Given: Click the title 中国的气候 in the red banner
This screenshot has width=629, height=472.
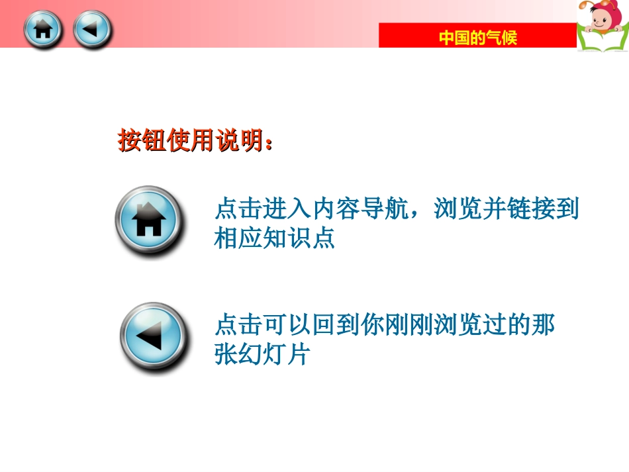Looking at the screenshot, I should pyautogui.click(x=477, y=38).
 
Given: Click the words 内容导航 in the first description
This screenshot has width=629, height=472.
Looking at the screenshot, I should pyautogui.click(x=360, y=210).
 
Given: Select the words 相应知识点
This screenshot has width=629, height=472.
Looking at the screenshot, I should pyautogui.click(x=274, y=238).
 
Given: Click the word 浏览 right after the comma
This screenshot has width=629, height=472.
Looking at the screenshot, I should pyautogui.click(x=458, y=210).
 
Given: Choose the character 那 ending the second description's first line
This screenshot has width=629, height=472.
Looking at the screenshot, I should pyautogui.click(x=543, y=326).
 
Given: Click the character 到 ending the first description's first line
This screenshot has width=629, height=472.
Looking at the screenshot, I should pyautogui.click(x=567, y=210).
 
